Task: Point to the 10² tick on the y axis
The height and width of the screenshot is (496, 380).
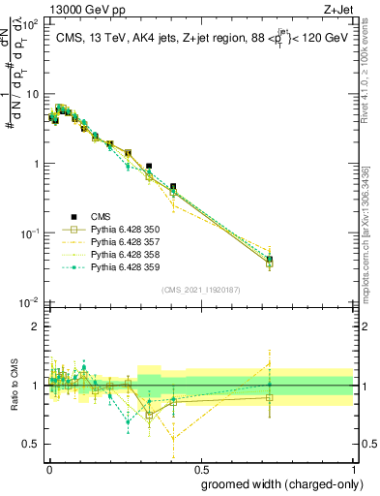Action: tap(31, 24)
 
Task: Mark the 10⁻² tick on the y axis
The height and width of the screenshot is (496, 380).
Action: tap(31, 303)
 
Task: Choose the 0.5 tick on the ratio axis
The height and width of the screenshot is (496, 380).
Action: tap(33, 444)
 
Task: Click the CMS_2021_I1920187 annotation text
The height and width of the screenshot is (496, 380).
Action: tap(200, 290)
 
